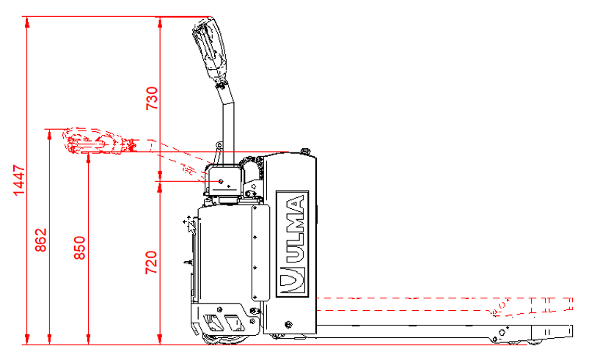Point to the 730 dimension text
pos(152,98)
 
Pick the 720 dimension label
pos(152,262)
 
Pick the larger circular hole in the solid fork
pos(502,332)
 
